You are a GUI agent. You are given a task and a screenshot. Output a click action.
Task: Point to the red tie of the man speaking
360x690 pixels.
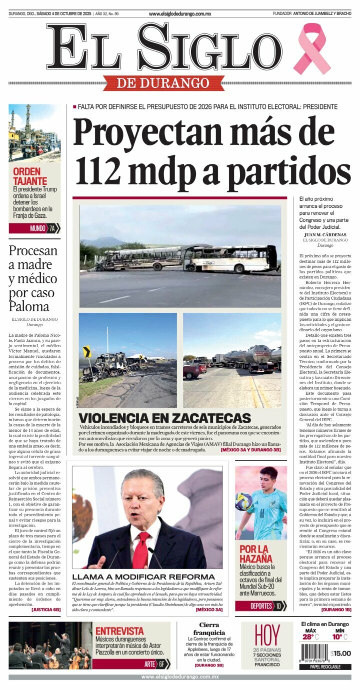pyautogui.click(x=140, y=550)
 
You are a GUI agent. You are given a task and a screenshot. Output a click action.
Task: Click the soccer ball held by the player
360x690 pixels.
pyautogui.click(x=243, y=501)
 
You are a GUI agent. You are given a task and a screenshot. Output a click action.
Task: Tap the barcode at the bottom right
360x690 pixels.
pyautogui.click(x=314, y=653)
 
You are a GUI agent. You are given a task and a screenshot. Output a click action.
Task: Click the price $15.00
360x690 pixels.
pyautogui.click(x=340, y=653)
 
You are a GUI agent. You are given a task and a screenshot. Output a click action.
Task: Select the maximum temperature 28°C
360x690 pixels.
pyautogui.click(x=310, y=637)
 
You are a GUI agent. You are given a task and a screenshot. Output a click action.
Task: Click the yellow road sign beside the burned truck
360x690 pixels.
pyautogui.click(x=87, y=351)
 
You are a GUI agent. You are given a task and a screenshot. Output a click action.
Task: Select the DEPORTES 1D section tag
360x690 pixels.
pyautogui.click(x=261, y=606)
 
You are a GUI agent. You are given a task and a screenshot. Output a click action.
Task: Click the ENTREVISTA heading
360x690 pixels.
pyautogui.click(x=119, y=631)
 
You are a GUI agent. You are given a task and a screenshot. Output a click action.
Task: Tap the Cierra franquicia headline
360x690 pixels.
pyautogui.click(x=209, y=629)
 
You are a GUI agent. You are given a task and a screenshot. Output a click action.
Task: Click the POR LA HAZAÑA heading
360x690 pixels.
pyautogui.click(x=256, y=554)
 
